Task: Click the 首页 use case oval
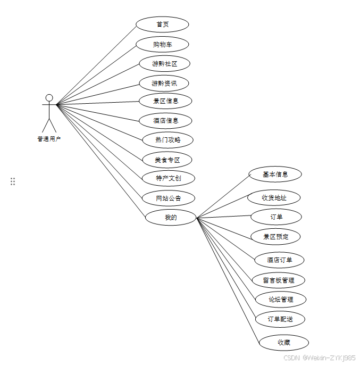pyautogui.click(x=162, y=24)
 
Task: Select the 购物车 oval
pyautogui.click(x=162, y=44)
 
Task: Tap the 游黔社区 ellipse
pyautogui.click(x=164, y=64)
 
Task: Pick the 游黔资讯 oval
pyautogui.click(x=164, y=84)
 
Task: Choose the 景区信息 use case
pyautogui.click(x=165, y=101)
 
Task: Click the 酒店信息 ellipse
pyautogui.click(x=165, y=121)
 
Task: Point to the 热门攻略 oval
pyautogui.click(x=168, y=140)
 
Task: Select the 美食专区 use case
pyautogui.click(x=167, y=160)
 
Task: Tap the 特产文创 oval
pyautogui.click(x=168, y=178)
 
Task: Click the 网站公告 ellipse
pyautogui.click(x=168, y=198)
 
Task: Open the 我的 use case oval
pyautogui.click(x=170, y=217)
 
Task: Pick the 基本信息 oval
pyautogui.click(x=275, y=174)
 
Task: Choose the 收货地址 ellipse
pyautogui.click(x=274, y=198)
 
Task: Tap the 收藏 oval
pyautogui.click(x=283, y=343)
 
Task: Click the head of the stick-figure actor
pyautogui.click(x=49, y=98)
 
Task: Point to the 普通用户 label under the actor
pyautogui.click(x=49, y=139)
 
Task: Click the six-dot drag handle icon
pyautogui.click(x=13, y=181)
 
